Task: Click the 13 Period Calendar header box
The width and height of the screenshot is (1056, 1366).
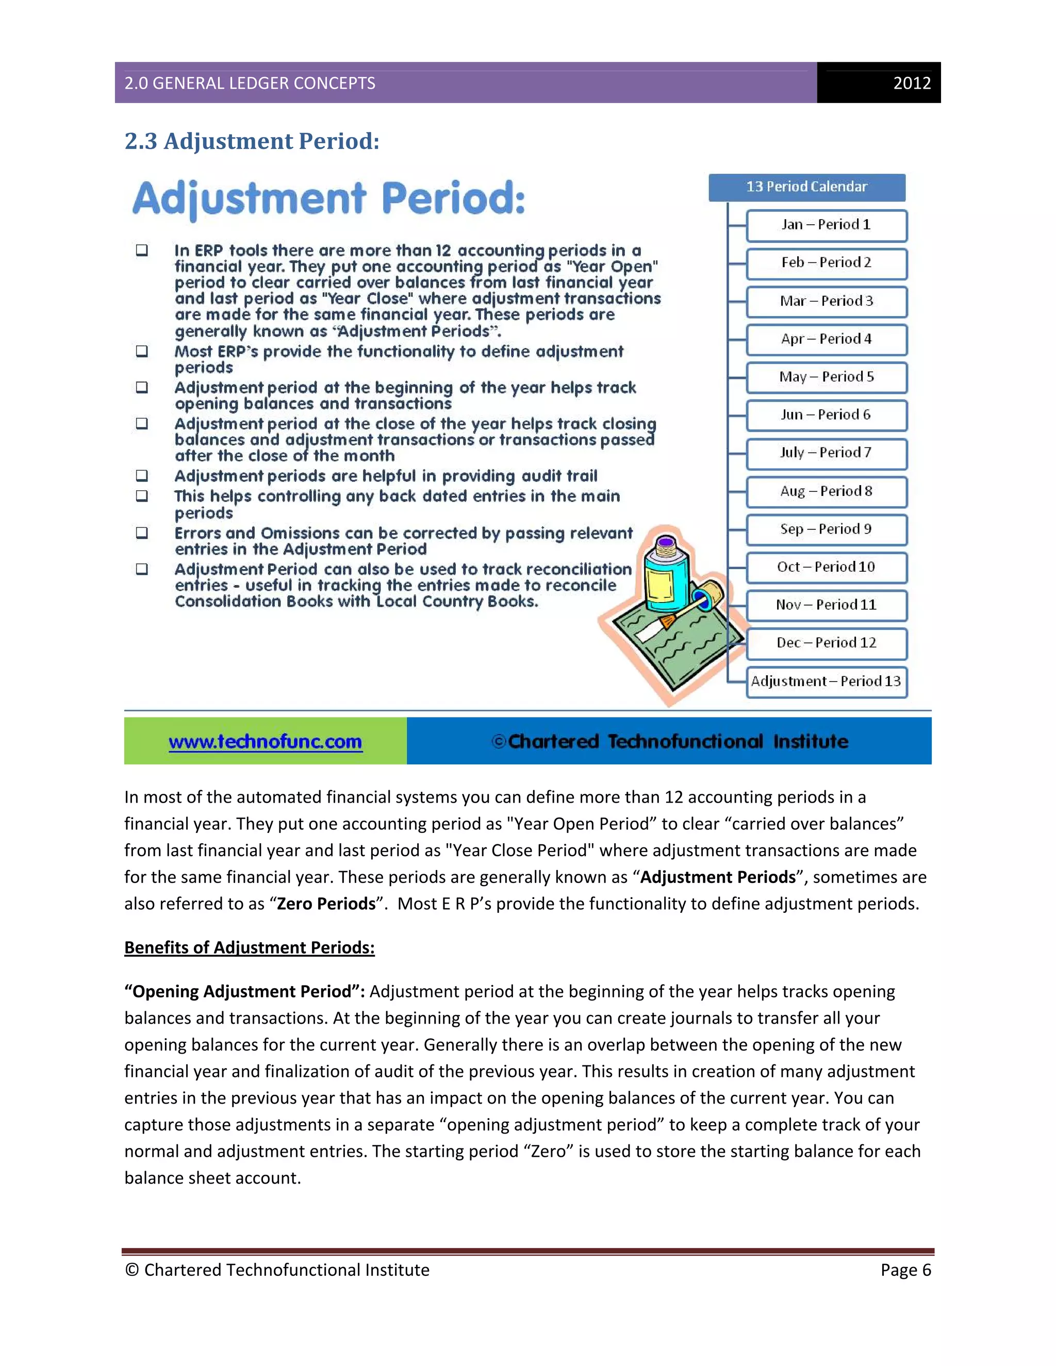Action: click(x=806, y=187)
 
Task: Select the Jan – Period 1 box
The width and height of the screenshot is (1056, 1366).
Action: click(x=826, y=225)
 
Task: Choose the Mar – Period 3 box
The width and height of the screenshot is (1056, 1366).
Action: click(x=826, y=302)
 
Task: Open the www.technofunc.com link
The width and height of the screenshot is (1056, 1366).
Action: click(x=265, y=742)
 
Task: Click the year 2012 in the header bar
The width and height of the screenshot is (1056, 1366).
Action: click(x=912, y=83)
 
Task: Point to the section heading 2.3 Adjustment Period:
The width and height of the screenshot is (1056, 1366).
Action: click(x=252, y=141)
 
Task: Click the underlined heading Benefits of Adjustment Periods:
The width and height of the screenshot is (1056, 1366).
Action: click(x=249, y=947)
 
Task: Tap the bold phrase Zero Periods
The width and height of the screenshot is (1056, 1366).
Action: click(x=326, y=904)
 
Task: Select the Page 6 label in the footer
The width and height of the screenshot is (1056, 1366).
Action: click(x=905, y=1270)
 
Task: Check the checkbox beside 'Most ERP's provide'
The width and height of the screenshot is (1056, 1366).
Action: click(x=142, y=352)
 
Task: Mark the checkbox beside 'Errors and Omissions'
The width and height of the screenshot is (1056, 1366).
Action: click(x=142, y=533)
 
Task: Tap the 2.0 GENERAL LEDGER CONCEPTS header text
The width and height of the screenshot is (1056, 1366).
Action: click(x=250, y=83)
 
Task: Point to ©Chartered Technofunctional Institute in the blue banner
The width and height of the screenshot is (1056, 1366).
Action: click(x=669, y=742)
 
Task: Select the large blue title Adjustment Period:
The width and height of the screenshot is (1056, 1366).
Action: click(x=328, y=199)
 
